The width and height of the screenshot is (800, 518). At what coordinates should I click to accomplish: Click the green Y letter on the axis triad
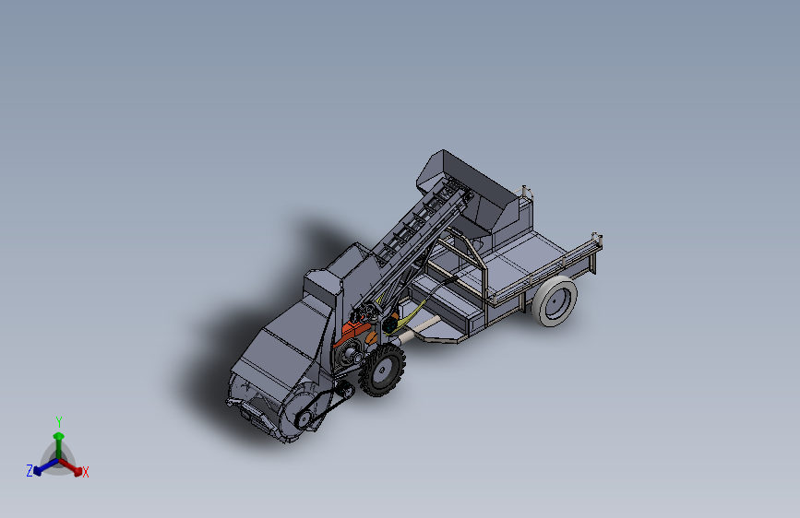[59, 421]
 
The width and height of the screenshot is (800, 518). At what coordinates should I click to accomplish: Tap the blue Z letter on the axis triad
[30, 470]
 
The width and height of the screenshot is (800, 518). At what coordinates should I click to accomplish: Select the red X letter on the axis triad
[85, 472]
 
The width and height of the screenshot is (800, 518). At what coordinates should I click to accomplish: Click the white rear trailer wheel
[555, 301]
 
